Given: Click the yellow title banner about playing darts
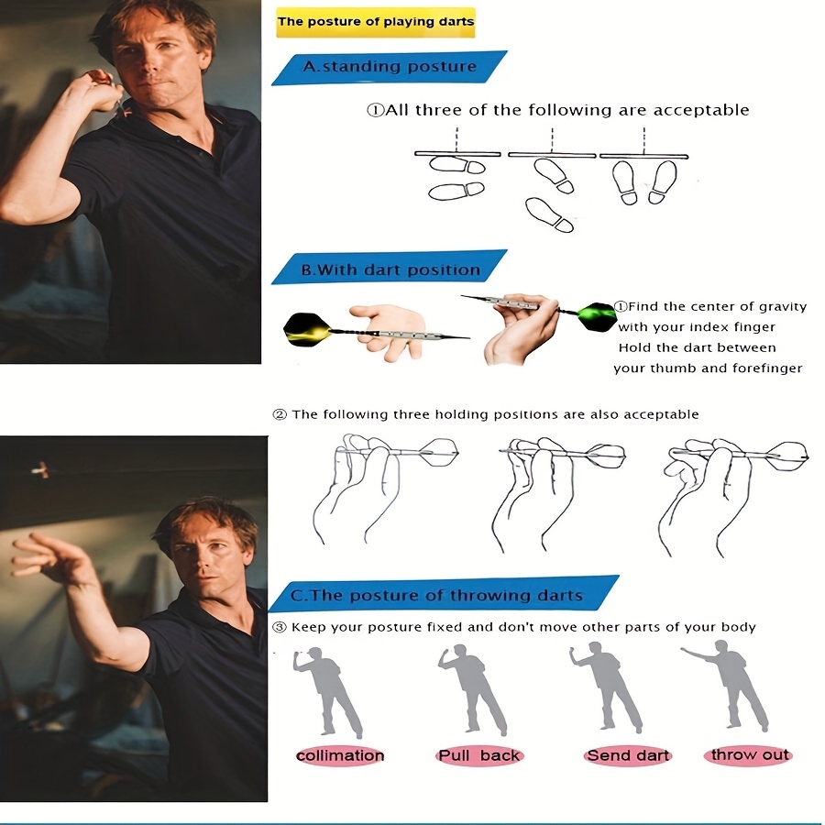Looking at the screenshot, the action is point(376,22).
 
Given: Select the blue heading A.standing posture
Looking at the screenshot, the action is point(390,67).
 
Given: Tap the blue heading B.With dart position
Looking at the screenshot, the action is point(390,269).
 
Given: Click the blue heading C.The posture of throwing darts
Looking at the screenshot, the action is point(444,594).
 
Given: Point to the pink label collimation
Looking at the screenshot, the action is point(340,755).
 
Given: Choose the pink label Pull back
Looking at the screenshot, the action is point(479,755).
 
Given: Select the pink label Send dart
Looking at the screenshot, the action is point(628,755).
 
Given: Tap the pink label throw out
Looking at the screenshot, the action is point(749,755).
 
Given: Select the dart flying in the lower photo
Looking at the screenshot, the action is point(40,469).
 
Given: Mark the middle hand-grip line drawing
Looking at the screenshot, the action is point(558,493).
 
